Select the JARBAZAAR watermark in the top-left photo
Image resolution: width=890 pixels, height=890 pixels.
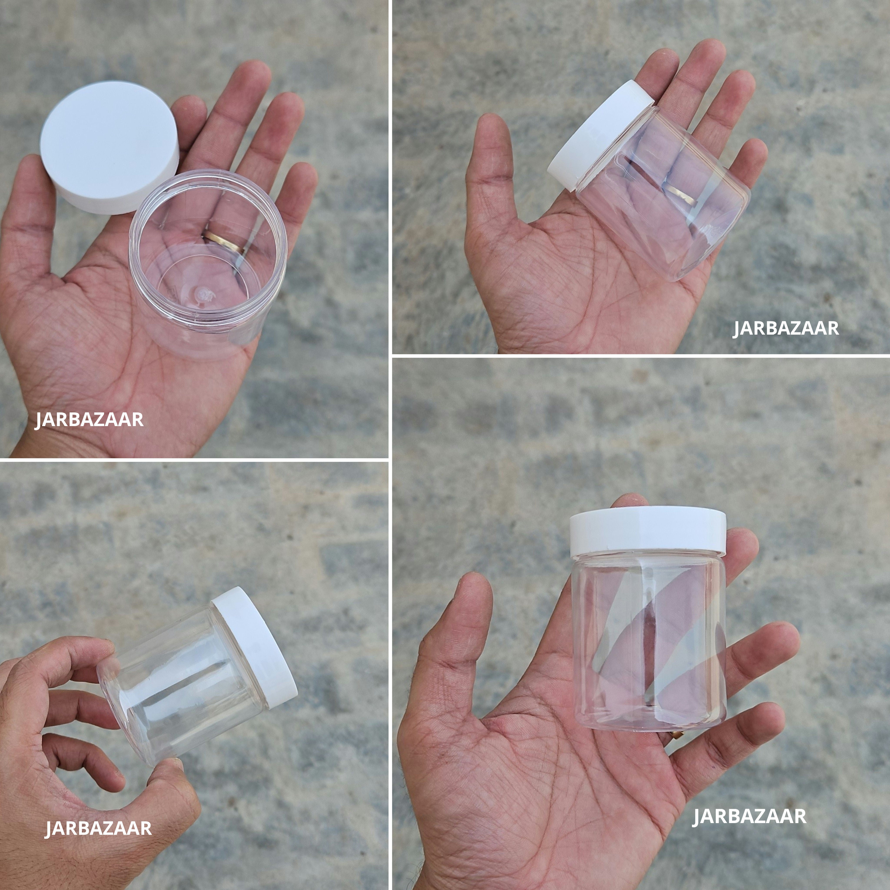pos(89,420)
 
